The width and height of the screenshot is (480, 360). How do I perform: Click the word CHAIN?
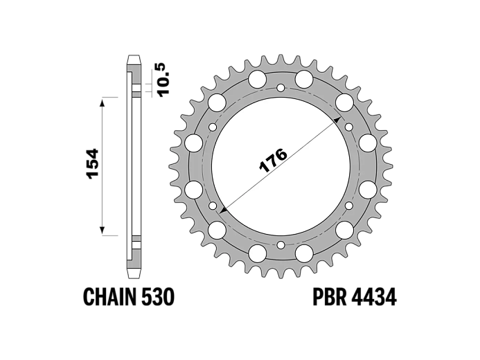(109, 297)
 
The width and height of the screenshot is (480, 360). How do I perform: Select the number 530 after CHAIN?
(158, 297)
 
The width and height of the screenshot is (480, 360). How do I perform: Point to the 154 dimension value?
(92, 164)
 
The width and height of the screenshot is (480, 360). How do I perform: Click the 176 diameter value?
(273, 161)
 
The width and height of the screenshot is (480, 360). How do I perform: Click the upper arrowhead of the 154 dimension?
(103, 102)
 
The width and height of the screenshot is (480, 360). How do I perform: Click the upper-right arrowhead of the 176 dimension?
(337, 119)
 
